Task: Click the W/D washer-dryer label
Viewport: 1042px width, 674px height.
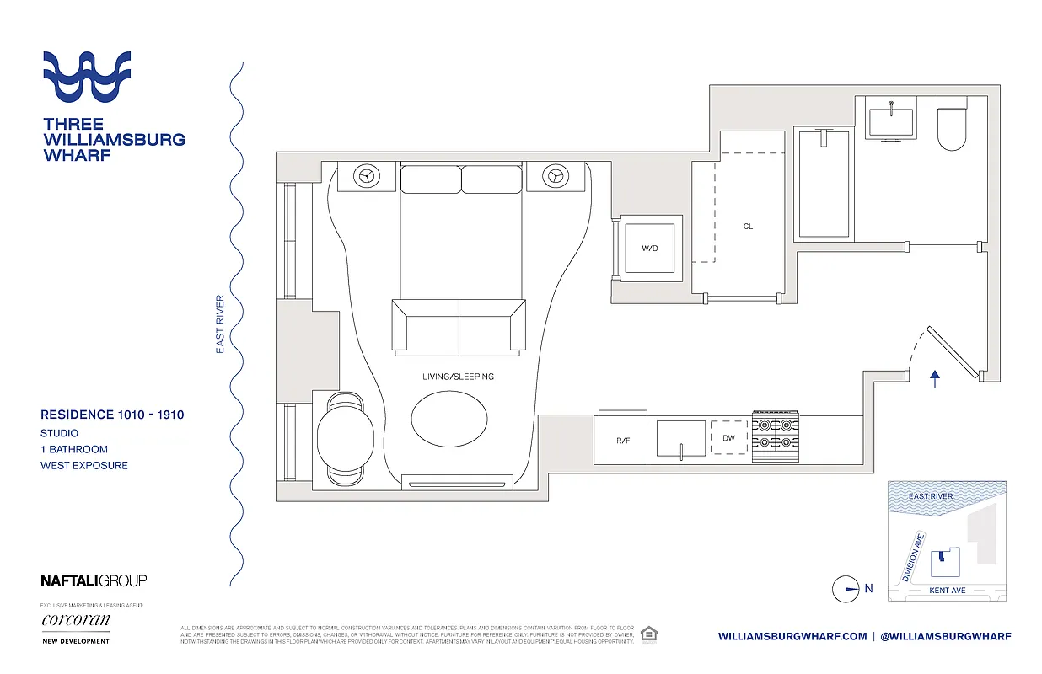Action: (648, 248)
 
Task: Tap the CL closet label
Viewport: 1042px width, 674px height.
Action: (748, 226)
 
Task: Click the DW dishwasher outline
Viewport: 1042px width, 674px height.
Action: (729, 438)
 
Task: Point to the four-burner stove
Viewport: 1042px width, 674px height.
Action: (775, 438)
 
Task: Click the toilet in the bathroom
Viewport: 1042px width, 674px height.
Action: (952, 124)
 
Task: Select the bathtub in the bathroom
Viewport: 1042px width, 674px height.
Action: (824, 183)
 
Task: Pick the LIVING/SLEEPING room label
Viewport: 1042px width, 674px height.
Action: (459, 377)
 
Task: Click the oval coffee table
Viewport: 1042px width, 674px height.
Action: (450, 417)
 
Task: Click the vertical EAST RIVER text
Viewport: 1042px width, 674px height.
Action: (220, 324)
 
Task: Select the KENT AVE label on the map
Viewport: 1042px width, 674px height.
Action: (947, 591)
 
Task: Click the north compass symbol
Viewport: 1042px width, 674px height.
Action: (846, 589)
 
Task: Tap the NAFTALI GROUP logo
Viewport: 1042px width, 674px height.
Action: (94, 580)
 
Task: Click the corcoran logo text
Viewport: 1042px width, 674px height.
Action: (76, 621)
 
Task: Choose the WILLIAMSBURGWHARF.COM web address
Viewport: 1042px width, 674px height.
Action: (792, 636)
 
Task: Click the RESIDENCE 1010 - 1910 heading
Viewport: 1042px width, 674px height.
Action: (112, 415)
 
